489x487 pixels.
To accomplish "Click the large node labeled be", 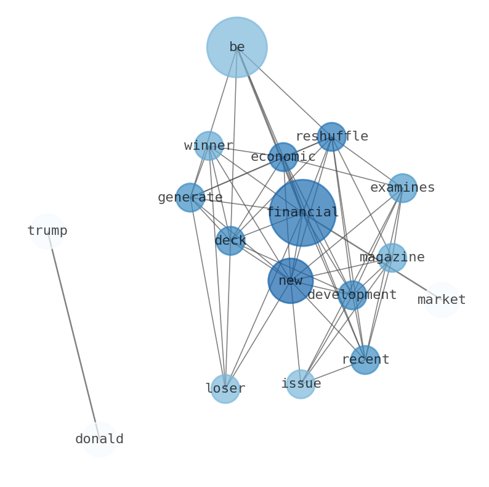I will [x=236, y=47].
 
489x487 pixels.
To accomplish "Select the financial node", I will [x=302, y=213].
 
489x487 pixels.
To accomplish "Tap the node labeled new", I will [x=290, y=280].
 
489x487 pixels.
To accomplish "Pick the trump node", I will [x=47, y=231].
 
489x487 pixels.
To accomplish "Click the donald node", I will [x=99, y=440].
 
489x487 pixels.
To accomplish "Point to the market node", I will [x=442, y=300].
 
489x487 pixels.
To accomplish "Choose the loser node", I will [x=225, y=388].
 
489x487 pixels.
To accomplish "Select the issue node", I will [x=301, y=383].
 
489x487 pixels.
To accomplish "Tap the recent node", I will [x=365, y=359].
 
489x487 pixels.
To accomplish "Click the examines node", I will [x=402, y=188].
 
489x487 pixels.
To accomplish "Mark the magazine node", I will [x=392, y=257].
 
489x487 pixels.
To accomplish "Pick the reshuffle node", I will [x=331, y=136].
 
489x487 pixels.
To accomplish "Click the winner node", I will [x=209, y=145].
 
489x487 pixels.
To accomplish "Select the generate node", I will [x=190, y=197].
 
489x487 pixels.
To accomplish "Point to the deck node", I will [x=230, y=240].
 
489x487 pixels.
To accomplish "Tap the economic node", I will [x=283, y=157].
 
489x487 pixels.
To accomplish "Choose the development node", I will [x=352, y=295].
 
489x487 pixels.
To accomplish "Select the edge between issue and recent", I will [x=333, y=372].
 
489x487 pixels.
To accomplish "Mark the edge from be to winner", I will [x=223, y=96].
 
